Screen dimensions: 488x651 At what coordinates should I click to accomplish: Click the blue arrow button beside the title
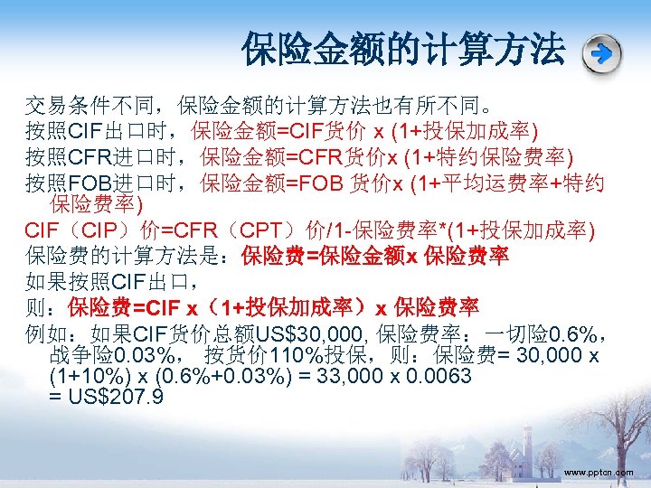602,53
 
